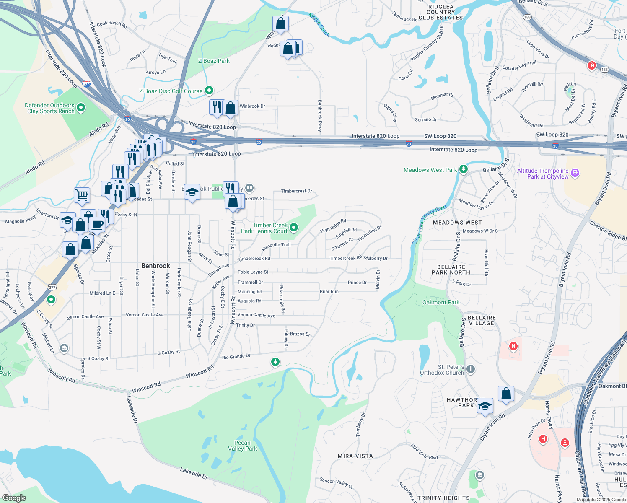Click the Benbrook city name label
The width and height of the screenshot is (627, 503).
pyautogui.click(x=155, y=266)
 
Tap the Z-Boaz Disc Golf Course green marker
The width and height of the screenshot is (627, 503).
pyautogui.click(x=209, y=90)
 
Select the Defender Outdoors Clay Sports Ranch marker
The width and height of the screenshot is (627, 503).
pyautogui.click(x=81, y=108)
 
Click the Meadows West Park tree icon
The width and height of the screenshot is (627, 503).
pyautogui.click(x=463, y=169)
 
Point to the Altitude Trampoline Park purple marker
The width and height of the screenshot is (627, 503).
pyautogui.click(x=575, y=173)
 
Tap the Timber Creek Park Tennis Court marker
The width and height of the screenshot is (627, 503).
pyautogui.click(x=294, y=228)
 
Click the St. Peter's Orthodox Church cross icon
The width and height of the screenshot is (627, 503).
pyautogui.click(x=471, y=369)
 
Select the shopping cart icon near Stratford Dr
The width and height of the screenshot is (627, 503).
pyautogui.click(x=82, y=194)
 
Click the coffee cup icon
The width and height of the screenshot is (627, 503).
pyautogui.click(x=97, y=224)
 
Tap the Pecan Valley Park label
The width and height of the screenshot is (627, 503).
pyautogui.click(x=242, y=446)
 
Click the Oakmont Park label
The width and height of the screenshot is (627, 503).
pyautogui.click(x=441, y=302)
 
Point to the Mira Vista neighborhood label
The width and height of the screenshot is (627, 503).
pyautogui.click(x=355, y=456)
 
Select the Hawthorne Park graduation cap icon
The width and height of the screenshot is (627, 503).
pyautogui.click(x=485, y=406)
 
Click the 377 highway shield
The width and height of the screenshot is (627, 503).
pyautogui.click(x=52, y=287)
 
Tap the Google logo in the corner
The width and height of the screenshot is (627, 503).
pyautogui.click(x=14, y=498)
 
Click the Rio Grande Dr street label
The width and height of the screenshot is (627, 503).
pyautogui.click(x=236, y=357)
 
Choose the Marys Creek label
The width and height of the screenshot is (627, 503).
pyautogui.click(x=319, y=25)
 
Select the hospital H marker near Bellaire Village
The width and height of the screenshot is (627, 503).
pyautogui.click(x=513, y=346)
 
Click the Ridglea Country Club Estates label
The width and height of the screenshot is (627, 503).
pyautogui.click(x=440, y=12)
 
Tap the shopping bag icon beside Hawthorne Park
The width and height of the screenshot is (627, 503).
pyautogui.click(x=506, y=394)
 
